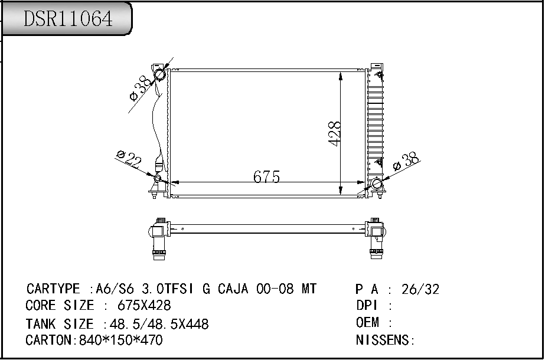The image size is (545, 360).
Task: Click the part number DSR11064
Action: coord(67,19)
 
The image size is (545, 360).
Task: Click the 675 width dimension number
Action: coord(266,176)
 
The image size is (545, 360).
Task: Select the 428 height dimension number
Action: coord(334,134)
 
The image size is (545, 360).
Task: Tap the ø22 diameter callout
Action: coord(129,159)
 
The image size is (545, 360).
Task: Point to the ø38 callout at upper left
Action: coord(141,88)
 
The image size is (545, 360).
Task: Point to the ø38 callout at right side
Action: coord(406,161)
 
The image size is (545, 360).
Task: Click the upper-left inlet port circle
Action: coord(160,75)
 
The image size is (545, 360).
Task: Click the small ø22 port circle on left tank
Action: coord(158,179)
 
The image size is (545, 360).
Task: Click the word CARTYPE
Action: coord(53,289)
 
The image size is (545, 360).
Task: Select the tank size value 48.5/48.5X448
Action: coord(155,324)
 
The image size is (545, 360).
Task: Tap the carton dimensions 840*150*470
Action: coord(120,341)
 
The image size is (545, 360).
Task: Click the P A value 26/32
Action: coord(420,289)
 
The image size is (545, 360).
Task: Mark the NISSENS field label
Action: coord(384,341)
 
